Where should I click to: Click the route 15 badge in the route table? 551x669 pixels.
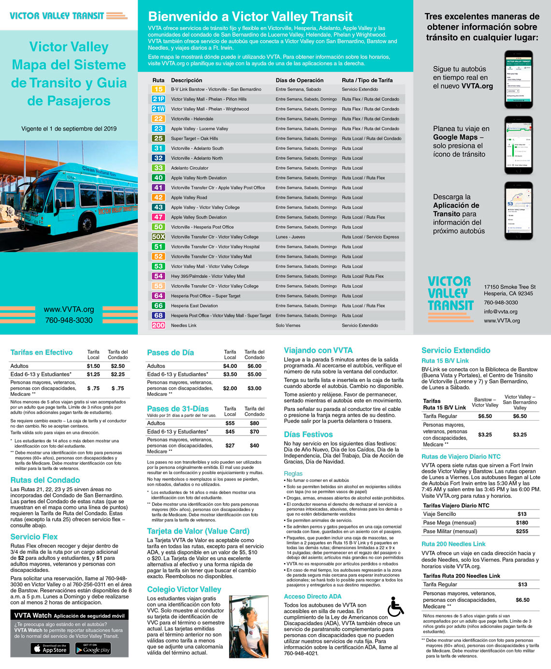click(x=158, y=89)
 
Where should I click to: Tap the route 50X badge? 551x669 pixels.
click(x=158, y=237)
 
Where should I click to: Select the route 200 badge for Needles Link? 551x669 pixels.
click(x=158, y=325)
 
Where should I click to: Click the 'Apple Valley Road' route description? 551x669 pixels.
click(x=189, y=198)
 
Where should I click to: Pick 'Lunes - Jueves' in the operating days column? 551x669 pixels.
click(x=290, y=237)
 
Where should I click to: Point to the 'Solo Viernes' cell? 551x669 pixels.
click(x=288, y=325)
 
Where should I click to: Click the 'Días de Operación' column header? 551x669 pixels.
click(x=300, y=80)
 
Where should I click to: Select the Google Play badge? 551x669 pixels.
click(x=93, y=649)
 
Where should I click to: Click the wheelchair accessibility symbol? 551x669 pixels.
click(x=395, y=607)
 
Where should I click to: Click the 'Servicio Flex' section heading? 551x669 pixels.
click(x=34, y=537)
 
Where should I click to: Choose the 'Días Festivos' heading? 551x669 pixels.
click(x=308, y=435)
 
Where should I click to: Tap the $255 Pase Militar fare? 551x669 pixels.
click(x=522, y=531)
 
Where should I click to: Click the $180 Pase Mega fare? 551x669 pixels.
click(x=522, y=523)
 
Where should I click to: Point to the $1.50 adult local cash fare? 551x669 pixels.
click(x=93, y=366)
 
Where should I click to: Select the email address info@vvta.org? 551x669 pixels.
click(x=500, y=312)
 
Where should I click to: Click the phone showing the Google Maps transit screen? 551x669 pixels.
click(x=518, y=145)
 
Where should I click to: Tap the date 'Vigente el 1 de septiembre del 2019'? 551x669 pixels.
click(x=69, y=129)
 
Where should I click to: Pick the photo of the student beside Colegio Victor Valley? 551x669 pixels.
click(x=248, y=626)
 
